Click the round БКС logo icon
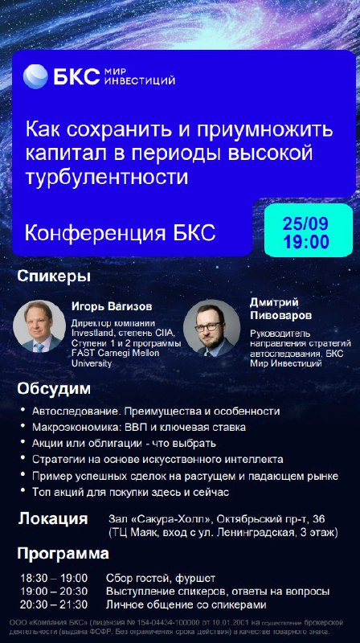tap(35, 76)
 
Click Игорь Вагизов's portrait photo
tap(39, 326)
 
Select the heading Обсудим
tap(53, 389)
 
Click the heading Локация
tap(52, 518)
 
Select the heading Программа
tap(63, 554)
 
